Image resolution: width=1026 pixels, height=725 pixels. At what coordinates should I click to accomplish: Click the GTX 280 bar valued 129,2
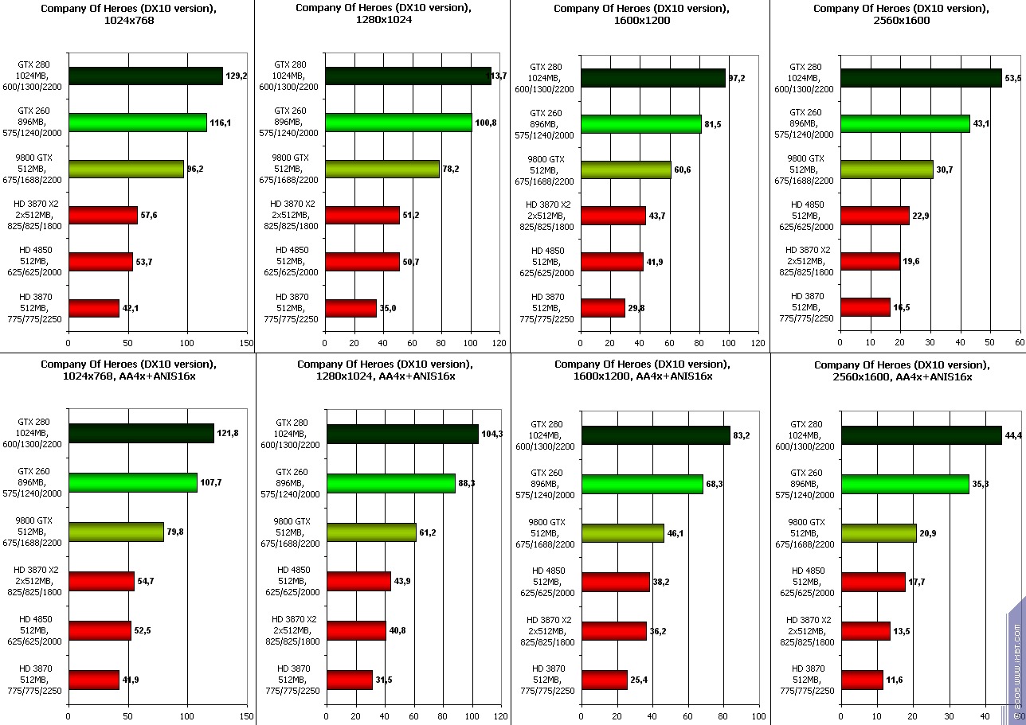(145, 76)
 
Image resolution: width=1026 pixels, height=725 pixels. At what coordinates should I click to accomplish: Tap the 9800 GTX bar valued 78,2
(382, 169)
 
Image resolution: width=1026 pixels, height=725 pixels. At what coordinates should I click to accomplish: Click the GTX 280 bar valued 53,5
(921, 77)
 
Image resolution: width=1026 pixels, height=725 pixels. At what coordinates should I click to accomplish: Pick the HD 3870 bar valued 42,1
(94, 308)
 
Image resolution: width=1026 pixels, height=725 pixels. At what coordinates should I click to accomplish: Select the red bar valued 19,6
(870, 261)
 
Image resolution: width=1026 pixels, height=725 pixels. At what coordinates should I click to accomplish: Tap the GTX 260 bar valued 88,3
(390, 483)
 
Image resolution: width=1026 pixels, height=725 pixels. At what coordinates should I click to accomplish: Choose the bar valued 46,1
(622, 532)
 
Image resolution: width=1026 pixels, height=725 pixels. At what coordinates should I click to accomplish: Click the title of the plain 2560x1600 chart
(898, 14)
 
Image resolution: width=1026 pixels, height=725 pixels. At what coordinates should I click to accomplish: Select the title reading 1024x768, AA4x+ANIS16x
(127, 370)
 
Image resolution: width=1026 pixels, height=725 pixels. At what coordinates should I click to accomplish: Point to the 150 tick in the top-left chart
(246, 343)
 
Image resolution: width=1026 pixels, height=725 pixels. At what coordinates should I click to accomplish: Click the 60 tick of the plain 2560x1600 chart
(1019, 343)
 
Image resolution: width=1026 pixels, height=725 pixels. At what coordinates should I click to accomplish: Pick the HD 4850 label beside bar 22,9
(807, 215)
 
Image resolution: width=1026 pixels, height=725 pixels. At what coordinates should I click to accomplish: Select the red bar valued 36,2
(614, 631)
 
